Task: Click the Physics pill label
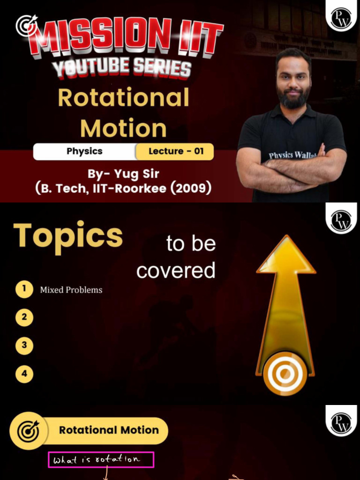coord(84,151)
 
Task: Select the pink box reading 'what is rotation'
coord(101,460)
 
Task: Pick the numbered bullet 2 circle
coord(24,317)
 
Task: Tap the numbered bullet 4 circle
coord(24,374)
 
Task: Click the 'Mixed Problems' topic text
coord(71,290)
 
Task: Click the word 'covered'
coord(176,270)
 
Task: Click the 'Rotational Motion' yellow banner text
coord(109,430)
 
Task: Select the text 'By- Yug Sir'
coord(123,174)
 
